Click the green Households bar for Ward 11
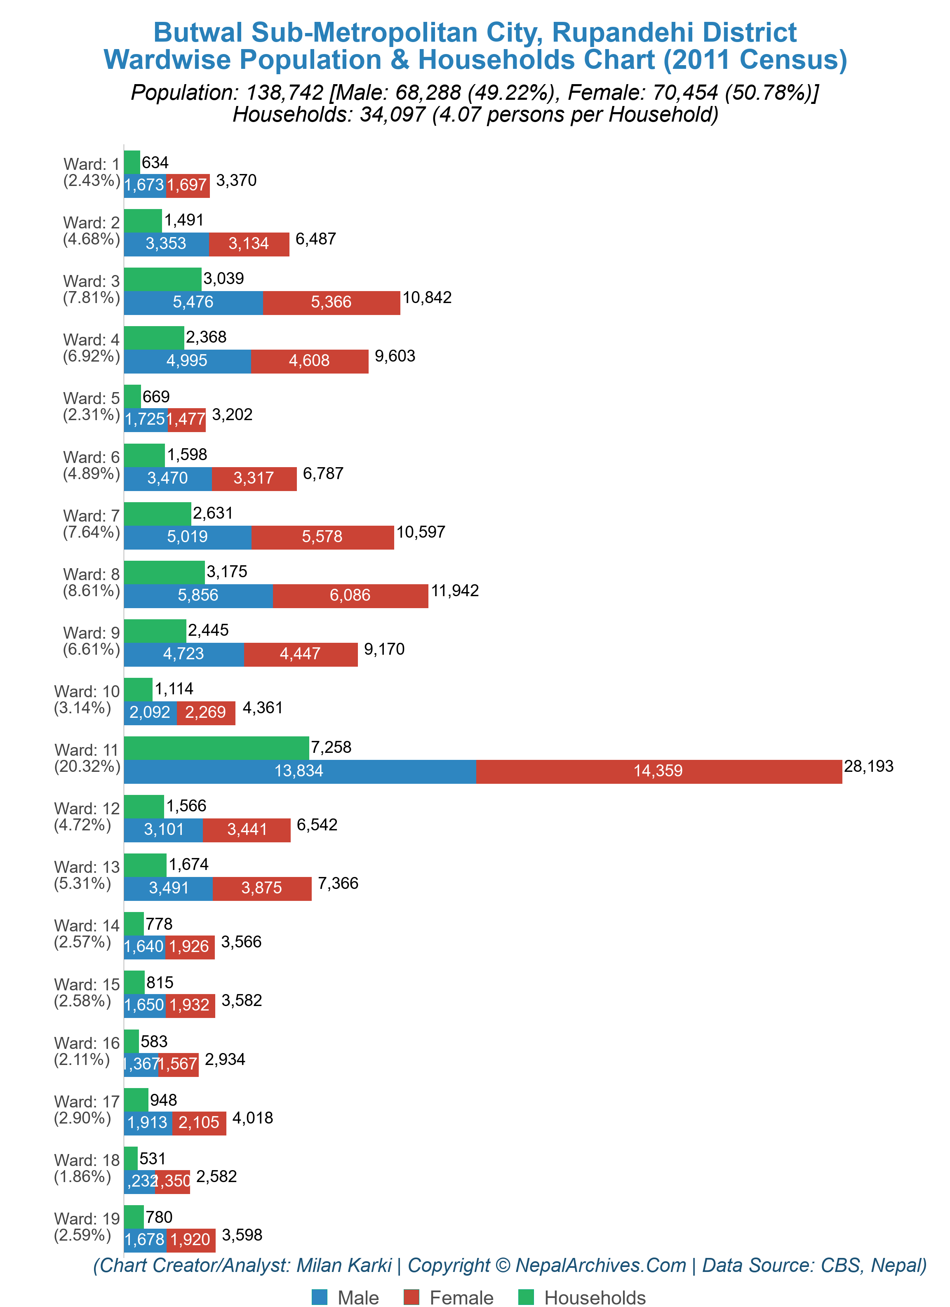pyautogui.click(x=216, y=748)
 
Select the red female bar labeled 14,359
pyautogui.click(x=658, y=771)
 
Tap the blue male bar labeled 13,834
pyautogui.click(x=299, y=771)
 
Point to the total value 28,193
pyautogui.click(x=868, y=766)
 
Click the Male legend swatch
pyautogui.click(x=320, y=1297)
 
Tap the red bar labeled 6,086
pyautogui.click(x=350, y=595)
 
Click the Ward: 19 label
pyautogui.click(x=87, y=1218)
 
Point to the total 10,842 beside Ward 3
pyautogui.click(x=427, y=297)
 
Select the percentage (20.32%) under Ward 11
pyautogui.click(x=87, y=766)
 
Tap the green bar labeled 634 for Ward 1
pyautogui.click(x=132, y=162)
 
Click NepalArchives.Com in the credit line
pyautogui.click(x=601, y=1265)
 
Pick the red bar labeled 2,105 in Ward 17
pyautogui.click(x=199, y=1123)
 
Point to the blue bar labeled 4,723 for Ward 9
pyautogui.click(x=183, y=653)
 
